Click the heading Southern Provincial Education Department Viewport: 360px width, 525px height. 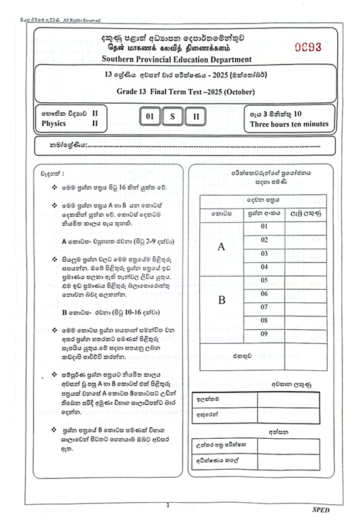pyautogui.click(x=181, y=59)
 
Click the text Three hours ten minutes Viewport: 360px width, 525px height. pyautogui.click(x=289, y=124)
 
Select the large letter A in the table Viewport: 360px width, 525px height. pyautogui.click(x=221, y=247)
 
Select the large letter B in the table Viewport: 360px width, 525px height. pyautogui.click(x=221, y=300)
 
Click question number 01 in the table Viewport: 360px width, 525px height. pyautogui.click(x=264, y=227)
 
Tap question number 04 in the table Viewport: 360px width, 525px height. pyautogui.click(x=264, y=267)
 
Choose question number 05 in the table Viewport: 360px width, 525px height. pyautogui.click(x=264, y=280)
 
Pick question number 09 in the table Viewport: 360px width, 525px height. pyautogui.click(x=264, y=333)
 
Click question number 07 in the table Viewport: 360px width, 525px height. pyautogui.click(x=264, y=307)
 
